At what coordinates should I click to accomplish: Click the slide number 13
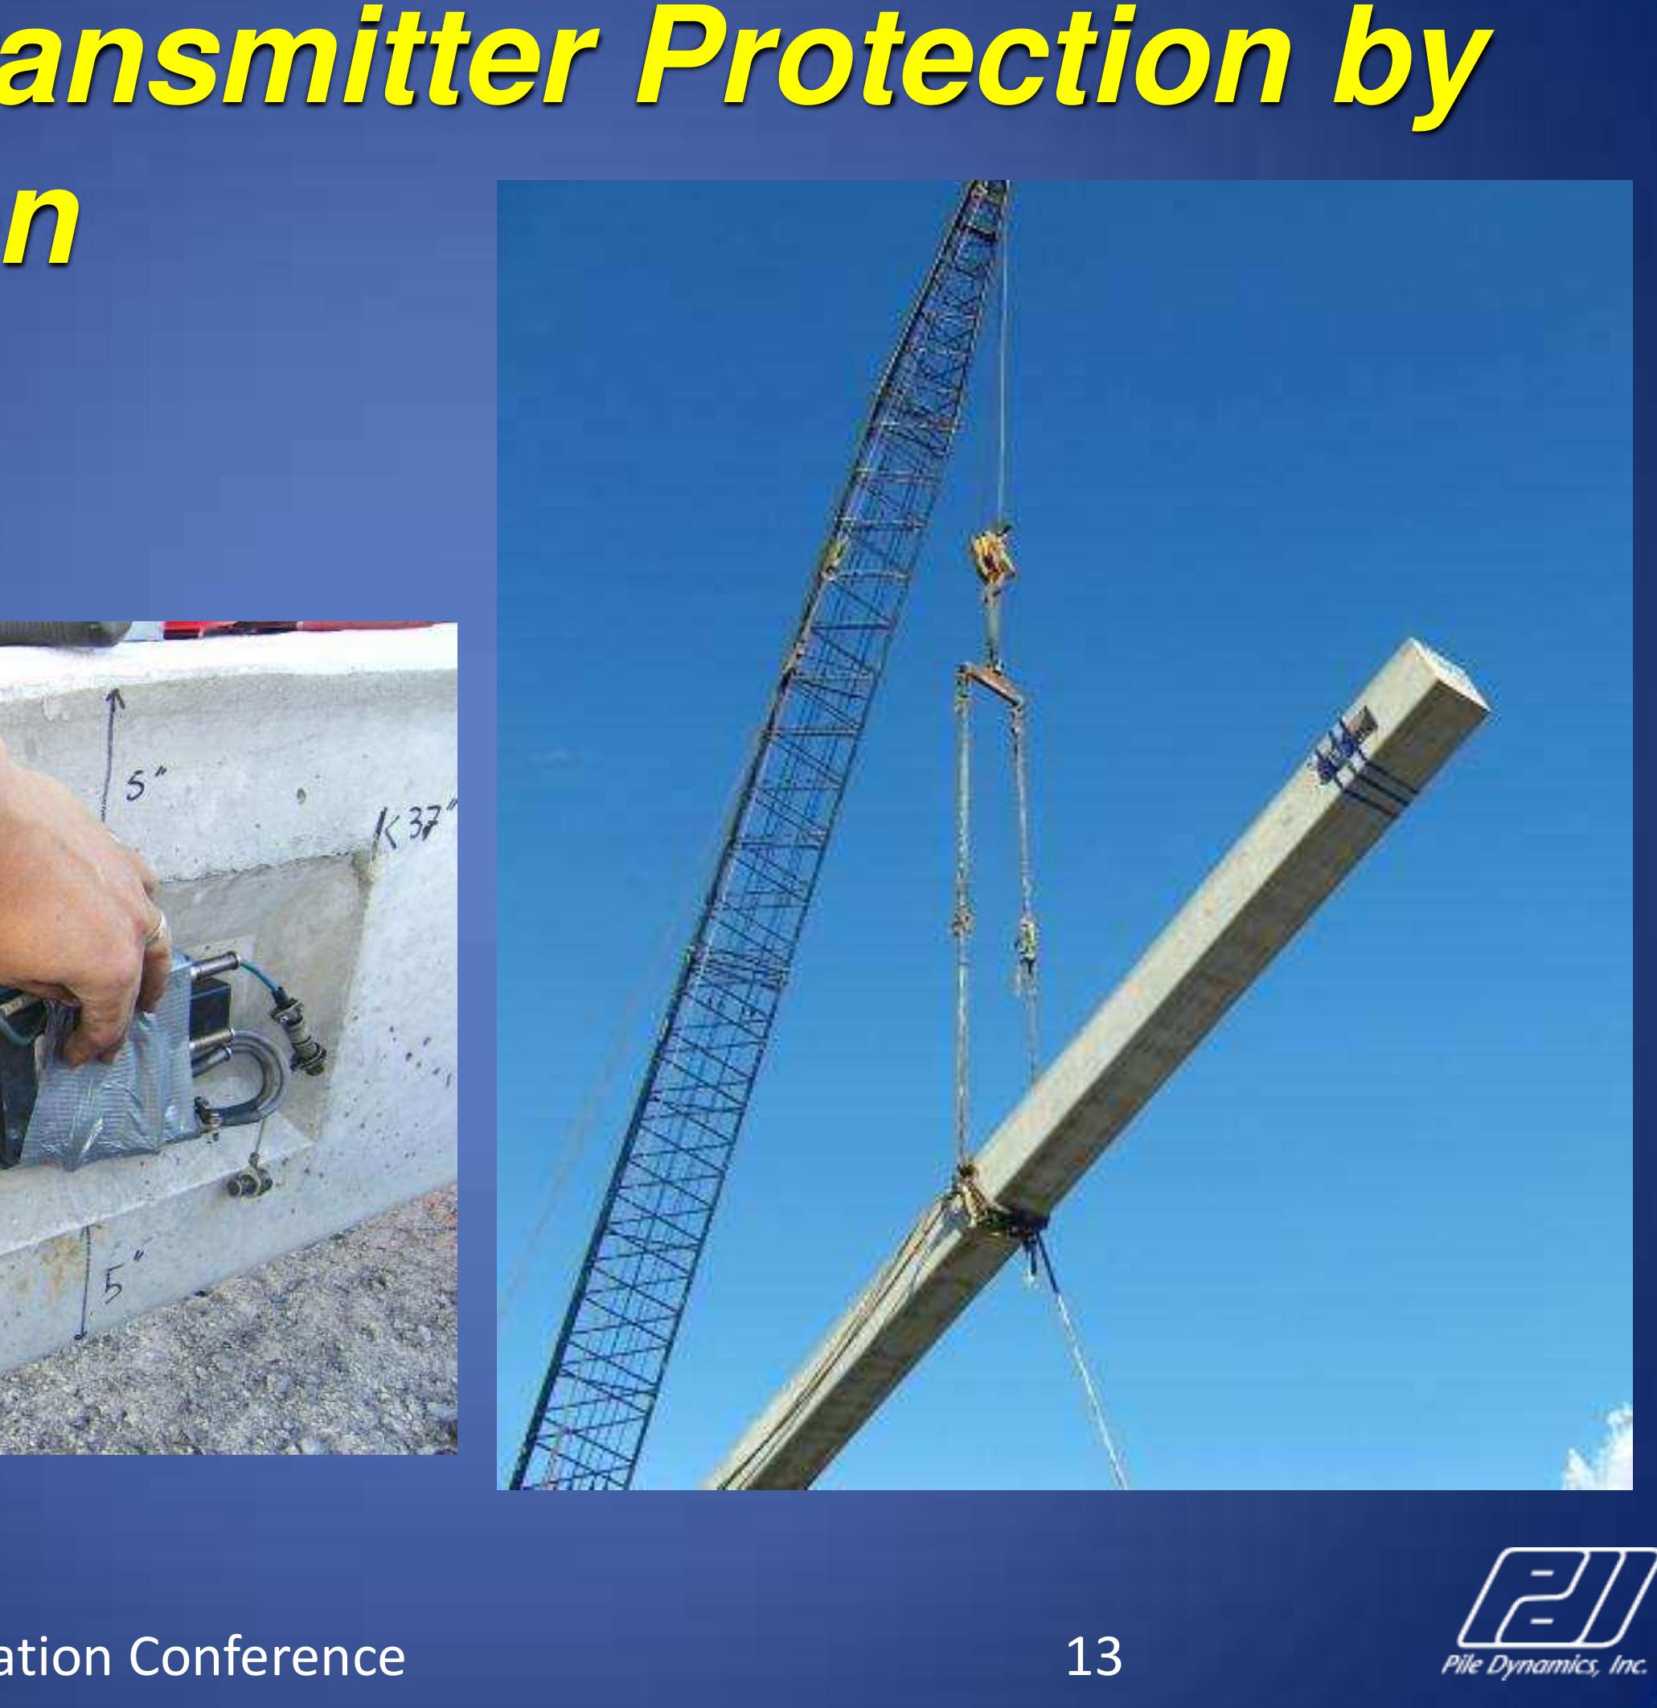tap(1094, 1655)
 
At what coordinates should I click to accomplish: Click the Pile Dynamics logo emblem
tap(1560, 1599)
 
